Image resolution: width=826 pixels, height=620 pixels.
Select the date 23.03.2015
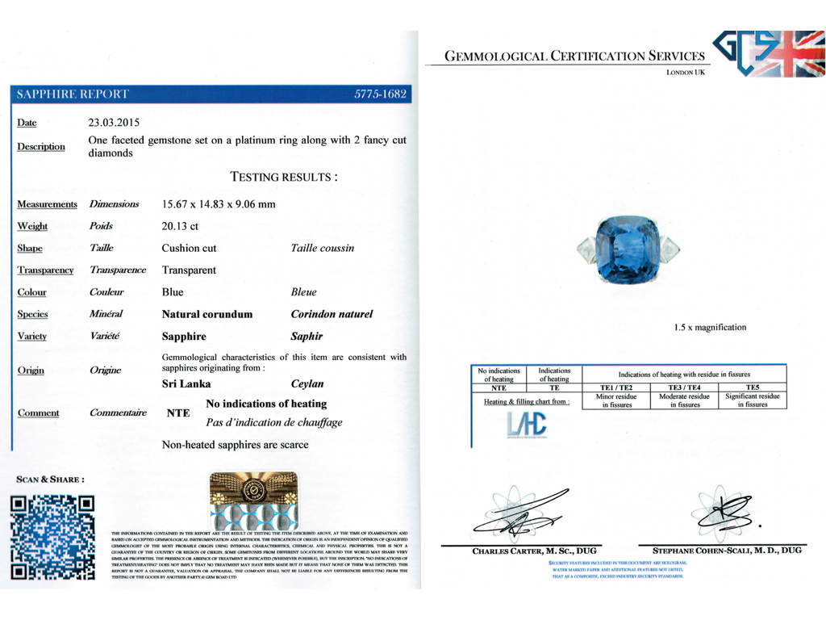pos(114,124)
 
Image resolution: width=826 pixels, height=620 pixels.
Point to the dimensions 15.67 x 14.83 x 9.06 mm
pos(219,205)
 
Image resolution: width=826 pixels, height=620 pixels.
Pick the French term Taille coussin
pos(322,248)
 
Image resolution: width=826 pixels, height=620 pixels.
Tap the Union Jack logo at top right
pos(766,57)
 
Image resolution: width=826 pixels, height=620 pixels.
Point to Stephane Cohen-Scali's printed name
pos(721,551)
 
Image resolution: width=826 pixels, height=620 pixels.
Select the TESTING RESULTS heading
pos(284,176)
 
